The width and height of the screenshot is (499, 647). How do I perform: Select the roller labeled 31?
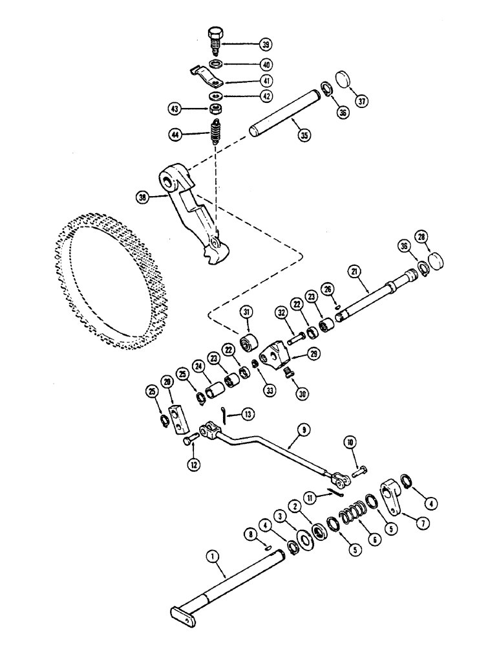pos(248,342)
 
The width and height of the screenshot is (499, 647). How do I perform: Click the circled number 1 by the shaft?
pos(211,554)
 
